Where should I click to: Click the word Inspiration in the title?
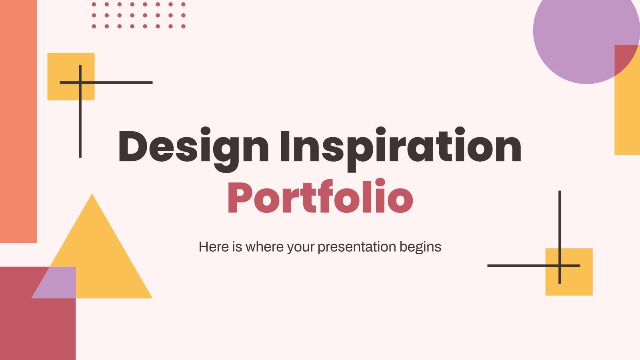(x=400, y=147)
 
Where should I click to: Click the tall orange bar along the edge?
(x=18, y=120)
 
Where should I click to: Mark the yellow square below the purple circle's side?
(x=576, y=280)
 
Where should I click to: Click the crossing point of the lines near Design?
(x=80, y=83)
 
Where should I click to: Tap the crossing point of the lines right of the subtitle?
(x=560, y=266)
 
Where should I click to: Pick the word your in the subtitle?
(x=302, y=247)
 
